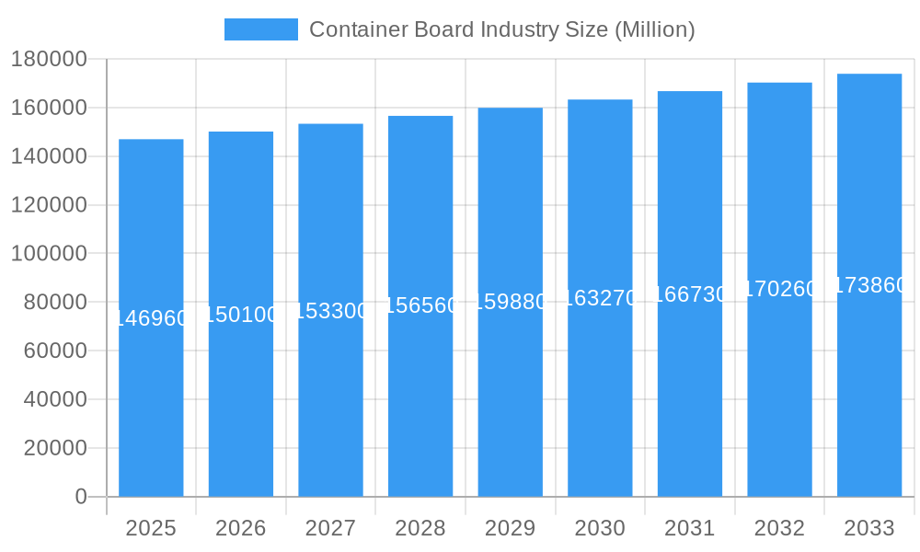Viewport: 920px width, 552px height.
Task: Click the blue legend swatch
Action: tap(261, 29)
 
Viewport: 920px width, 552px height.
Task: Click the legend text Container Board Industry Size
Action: tap(501, 29)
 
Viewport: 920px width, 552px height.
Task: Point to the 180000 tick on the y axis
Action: tap(49, 60)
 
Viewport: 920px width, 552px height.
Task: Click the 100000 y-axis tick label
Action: tap(49, 254)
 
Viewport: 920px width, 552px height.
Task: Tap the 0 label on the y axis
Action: tap(80, 497)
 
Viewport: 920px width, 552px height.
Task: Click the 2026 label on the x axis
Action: tap(241, 528)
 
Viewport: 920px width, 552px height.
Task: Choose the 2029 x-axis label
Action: tap(511, 528)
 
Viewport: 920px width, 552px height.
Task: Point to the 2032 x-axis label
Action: tap(779, 528)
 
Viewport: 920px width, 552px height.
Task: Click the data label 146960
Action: tap(151, 318)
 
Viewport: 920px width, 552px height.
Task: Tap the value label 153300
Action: tap(330, 311)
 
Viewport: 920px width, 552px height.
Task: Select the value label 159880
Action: tap(511, 303)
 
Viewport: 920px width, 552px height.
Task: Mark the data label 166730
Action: tap(690, 294)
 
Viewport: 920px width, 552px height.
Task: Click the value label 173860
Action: tap(869, 286)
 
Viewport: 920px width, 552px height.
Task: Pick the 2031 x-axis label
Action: tap(690, 528)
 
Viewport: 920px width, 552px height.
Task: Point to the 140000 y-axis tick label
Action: tap(49, 156)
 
